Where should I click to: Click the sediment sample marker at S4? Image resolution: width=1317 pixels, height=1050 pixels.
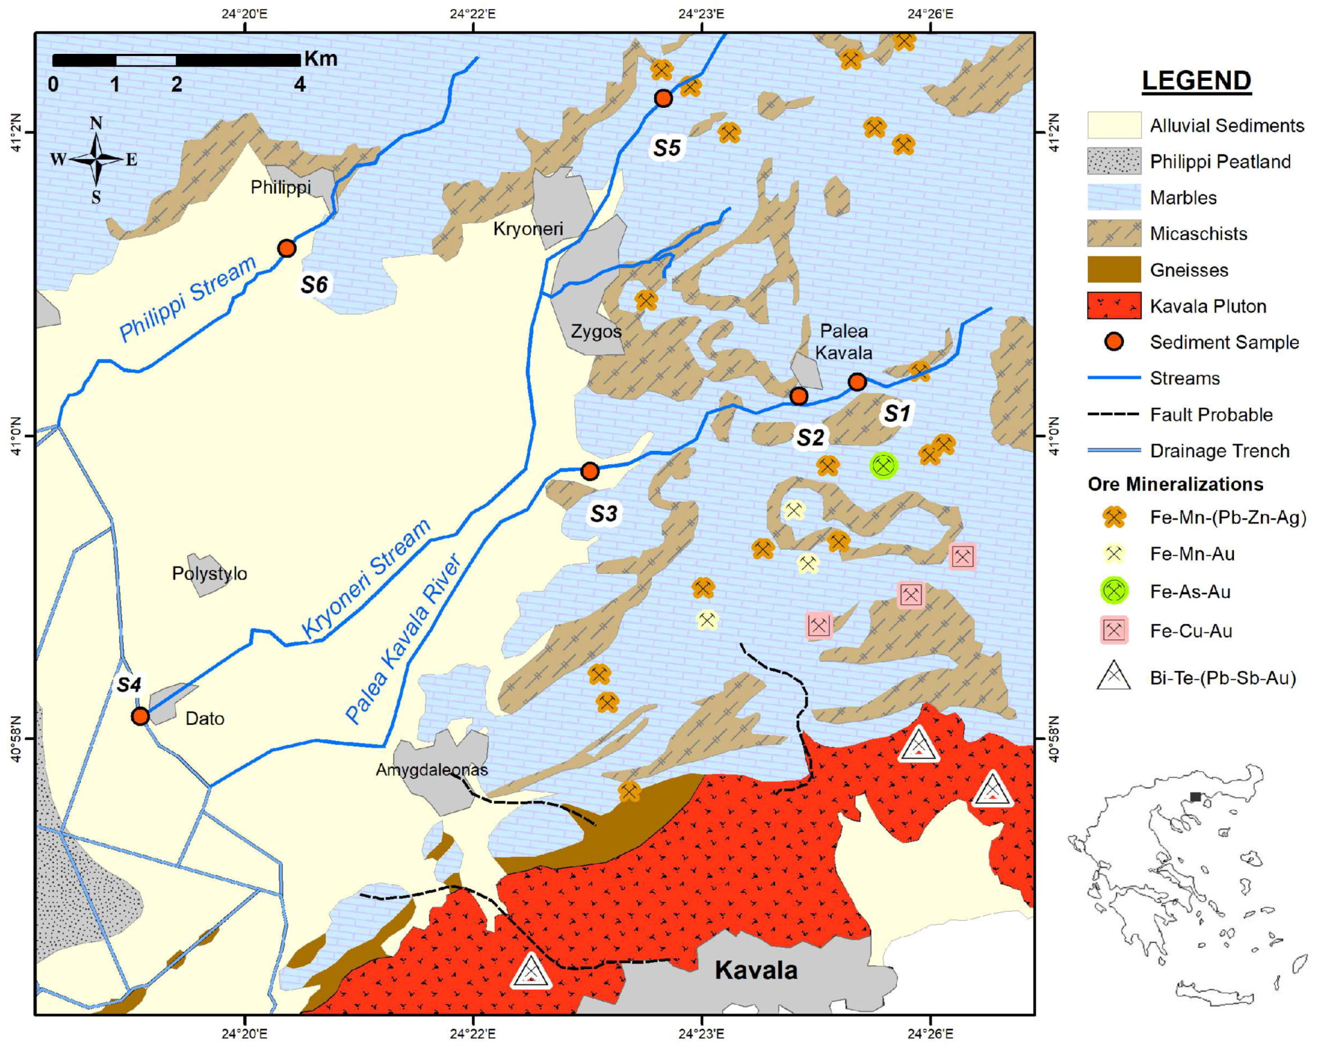[140, 716]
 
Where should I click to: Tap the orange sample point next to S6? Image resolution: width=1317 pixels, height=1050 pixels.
[286, 248]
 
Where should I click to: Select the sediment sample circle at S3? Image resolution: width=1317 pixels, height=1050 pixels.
[590, 471]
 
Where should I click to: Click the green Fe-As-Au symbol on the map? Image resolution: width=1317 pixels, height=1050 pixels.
[883, 466]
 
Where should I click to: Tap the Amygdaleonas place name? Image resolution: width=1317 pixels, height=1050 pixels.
[431, 770]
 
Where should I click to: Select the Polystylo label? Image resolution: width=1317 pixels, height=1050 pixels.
[209, 573]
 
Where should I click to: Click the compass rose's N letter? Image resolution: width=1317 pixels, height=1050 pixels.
[96, 124]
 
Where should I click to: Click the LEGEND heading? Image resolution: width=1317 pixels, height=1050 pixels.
[1196, 81]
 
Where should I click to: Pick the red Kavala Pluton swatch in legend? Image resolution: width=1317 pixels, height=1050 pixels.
[1114, 306]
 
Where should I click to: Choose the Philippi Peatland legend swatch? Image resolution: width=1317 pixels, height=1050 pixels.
[1114, 161]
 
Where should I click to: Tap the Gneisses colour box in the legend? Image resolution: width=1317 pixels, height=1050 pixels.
[1114, 270]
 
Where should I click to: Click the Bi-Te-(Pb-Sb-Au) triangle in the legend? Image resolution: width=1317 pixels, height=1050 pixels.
[1113, 677]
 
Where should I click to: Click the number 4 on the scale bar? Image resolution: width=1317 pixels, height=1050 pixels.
[299, 84]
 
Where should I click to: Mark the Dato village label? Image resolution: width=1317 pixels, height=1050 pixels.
[204, 718]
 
